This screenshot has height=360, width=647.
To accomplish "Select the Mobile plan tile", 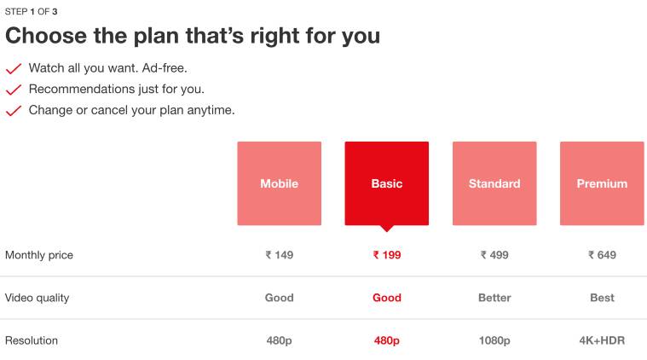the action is click(280, 183).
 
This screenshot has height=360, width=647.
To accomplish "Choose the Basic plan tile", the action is click(387, 183).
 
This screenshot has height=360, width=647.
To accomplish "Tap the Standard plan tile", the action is click(494, 183).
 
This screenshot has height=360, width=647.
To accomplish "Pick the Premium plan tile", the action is click(602, 183).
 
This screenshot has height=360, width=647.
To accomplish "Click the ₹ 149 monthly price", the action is click(280, 255).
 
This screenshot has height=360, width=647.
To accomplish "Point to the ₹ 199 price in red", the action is click(387, 255).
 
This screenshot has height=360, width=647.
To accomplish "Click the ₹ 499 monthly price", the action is click(494, 255).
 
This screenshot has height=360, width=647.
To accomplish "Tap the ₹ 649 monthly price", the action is click(602, 255).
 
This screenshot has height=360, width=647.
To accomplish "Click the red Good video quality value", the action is click(387, 298).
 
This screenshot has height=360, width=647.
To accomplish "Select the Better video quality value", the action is click(494, 298).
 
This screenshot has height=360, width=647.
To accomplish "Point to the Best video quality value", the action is click(602, 298).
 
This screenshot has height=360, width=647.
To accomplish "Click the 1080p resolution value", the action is click(494, 340).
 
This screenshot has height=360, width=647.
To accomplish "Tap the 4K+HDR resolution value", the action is click(602, 340).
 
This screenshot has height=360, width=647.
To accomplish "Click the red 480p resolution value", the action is click(387, 340).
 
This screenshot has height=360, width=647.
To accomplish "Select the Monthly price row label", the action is click(39, 255).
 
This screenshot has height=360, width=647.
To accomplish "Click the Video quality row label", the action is click(37, 298).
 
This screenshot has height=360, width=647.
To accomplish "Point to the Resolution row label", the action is click(32, 340).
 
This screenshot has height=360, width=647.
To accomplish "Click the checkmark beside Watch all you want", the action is click(14, 68).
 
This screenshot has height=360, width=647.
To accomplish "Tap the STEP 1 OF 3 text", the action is click(31, 12).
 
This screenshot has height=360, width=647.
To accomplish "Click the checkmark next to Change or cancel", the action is click(14, 111).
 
